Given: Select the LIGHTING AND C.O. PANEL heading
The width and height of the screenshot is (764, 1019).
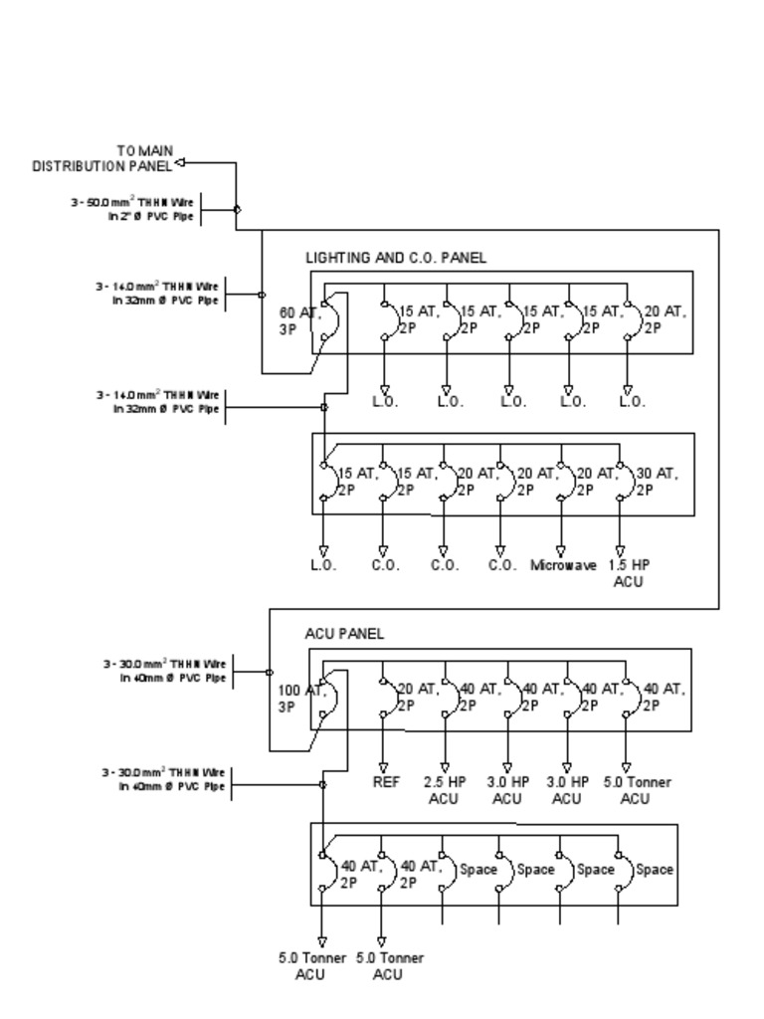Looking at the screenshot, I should (x=396, y=258).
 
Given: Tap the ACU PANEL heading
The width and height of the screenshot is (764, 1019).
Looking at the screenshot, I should (x=344, y=634).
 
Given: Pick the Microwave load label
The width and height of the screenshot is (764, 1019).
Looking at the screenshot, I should (x=563, y=565).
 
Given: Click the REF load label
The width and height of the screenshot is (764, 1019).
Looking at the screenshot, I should (x=386, y=782).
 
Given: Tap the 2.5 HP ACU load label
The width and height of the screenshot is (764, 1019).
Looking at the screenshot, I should (x=446, y=790).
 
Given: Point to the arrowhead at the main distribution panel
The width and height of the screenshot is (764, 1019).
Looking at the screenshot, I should (x=180, y=162).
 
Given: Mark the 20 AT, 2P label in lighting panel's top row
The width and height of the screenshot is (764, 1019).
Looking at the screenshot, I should (x=665, y=318).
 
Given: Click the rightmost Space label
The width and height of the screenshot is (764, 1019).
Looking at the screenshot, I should (x=655, y=869).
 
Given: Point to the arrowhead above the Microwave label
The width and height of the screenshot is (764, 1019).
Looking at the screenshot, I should (x=561, y=550).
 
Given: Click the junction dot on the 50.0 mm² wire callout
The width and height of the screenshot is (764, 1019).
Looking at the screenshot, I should (x=237, y=209).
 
